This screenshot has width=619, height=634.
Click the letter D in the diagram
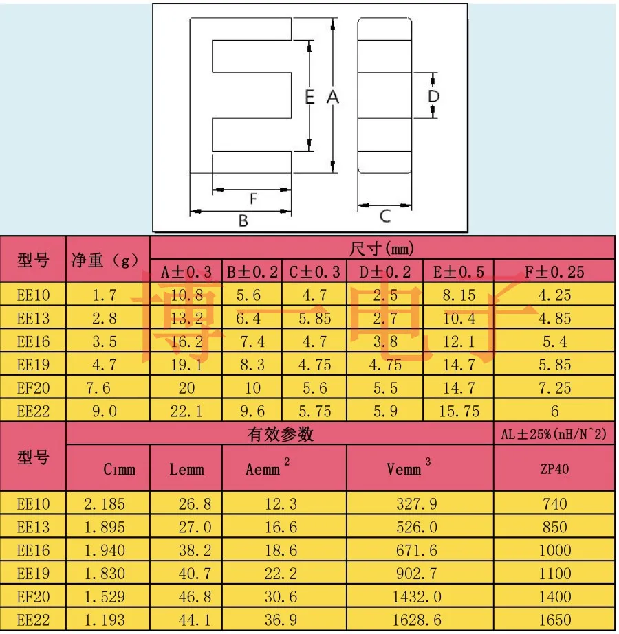point(433,96)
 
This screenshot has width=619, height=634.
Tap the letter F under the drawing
point(253,199)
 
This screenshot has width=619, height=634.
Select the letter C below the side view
point(385,216)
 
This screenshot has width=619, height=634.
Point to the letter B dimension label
point(243,220)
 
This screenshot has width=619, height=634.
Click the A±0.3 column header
point(186,272)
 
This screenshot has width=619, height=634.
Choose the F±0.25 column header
point(554,272)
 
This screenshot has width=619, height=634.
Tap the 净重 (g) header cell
point(105,260)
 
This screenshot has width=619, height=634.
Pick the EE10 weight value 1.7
point(105,295)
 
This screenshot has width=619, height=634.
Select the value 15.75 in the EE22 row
point(459,411)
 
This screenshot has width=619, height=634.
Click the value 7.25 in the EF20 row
point(554,388)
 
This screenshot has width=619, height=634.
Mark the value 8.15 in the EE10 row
point(459,295)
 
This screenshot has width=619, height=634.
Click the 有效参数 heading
point(280,434)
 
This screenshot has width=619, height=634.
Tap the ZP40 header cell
point(554,469)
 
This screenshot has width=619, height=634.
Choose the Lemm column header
point(186,469)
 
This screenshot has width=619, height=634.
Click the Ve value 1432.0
point(417,597)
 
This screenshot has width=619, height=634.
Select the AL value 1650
point(554,620)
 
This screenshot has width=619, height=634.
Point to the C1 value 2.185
point(105,503)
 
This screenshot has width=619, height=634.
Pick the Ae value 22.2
point(281,574)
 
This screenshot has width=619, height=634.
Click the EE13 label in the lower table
point(33,528)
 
